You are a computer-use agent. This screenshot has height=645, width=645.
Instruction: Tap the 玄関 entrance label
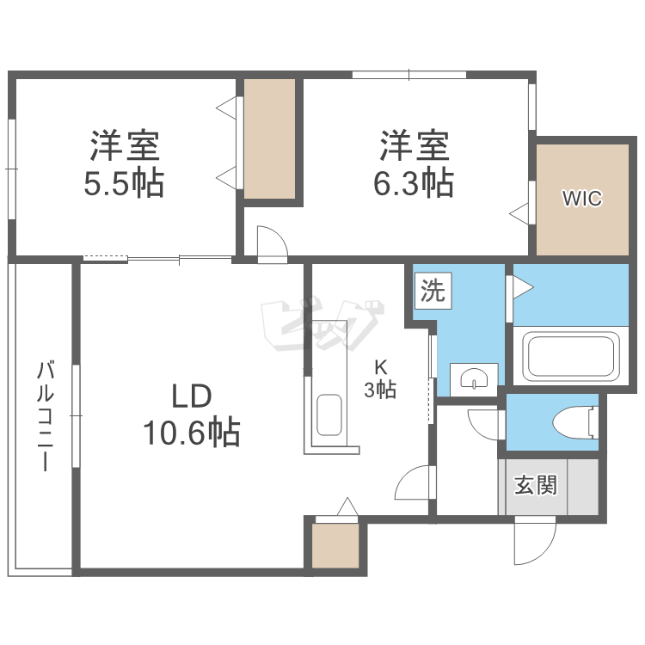(536, 485)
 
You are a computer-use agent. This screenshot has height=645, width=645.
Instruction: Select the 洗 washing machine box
(433, 292)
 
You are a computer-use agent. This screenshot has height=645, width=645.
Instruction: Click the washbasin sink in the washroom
(474, 378)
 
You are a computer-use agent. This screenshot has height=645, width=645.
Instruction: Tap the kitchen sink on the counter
(329, 415)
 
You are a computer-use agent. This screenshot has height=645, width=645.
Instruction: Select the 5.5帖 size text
(124, 183)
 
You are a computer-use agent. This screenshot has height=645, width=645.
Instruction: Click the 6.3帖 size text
(415, 183)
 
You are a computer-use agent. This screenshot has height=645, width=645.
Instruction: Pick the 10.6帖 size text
(191, 433)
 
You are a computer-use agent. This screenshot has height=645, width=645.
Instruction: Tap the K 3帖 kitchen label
(379, 378)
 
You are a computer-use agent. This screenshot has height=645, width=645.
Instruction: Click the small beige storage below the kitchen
(335, 546)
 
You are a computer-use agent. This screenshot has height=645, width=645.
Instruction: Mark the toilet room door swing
(485, 424)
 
